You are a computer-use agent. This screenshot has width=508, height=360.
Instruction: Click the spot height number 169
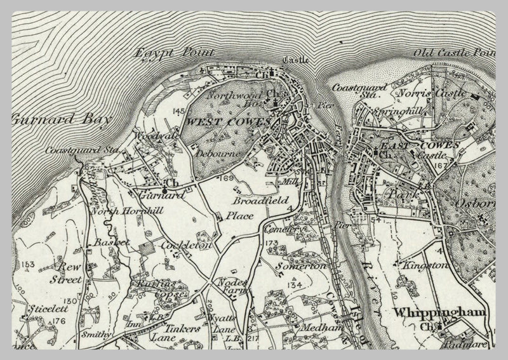click(227, 177)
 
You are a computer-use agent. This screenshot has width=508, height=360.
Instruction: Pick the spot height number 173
click(272, 243)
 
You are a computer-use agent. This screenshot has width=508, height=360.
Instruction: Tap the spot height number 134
click(293, 285)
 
